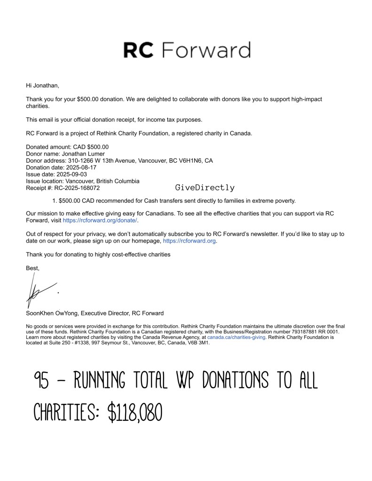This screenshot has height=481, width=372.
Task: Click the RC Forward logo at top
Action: click(x=186, y=50)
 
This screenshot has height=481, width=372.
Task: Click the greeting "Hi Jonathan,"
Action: click(x=43, y=86)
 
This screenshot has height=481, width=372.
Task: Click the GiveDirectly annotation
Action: click(x=205, y=188)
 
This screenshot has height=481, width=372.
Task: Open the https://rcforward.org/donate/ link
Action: click(x=100, y=220)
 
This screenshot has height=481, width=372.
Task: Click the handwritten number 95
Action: click(x=42, y=380)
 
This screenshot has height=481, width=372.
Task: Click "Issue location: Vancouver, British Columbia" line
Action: click(x=82, y=181)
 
